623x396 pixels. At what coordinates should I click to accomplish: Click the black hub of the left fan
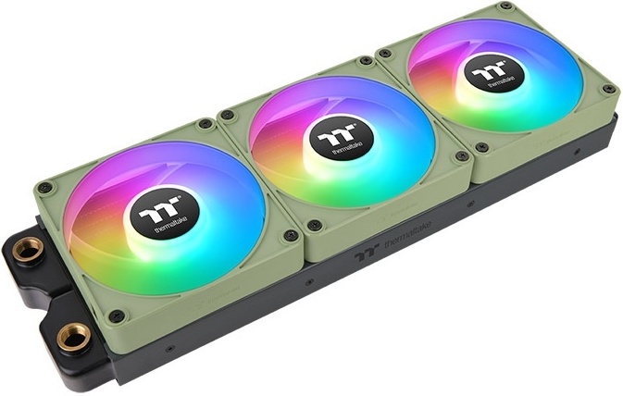tap(164, 214)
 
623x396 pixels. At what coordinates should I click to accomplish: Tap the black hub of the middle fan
tap(342, 138)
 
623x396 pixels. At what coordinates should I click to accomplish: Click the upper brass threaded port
tap(28, 249)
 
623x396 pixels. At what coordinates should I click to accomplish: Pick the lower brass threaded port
tap(74, 337)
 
